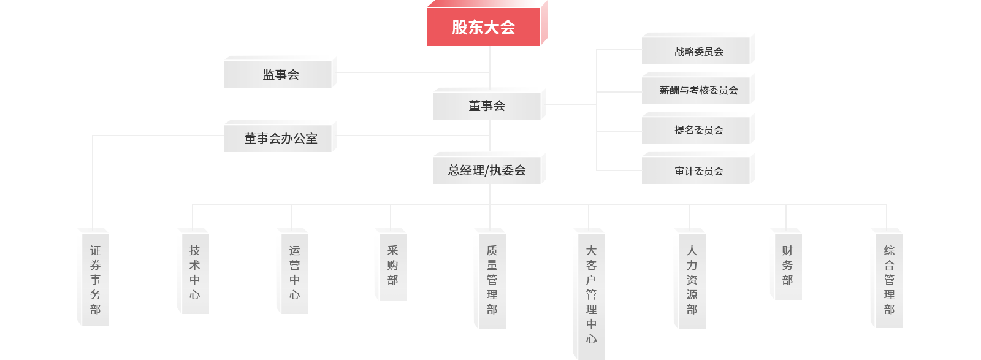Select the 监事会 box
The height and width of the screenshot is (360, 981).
(280, 74)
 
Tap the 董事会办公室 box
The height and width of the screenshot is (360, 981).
(280, 138)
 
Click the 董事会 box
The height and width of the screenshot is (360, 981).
(487, 106)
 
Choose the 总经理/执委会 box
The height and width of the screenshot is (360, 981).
(487, 170)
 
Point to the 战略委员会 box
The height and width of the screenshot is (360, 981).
(698, 52)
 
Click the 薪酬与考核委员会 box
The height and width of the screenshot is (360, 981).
(698, 90)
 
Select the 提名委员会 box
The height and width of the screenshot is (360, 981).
(698, 130)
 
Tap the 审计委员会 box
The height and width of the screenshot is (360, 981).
(698, 171)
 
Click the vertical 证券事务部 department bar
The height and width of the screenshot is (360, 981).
(95, 280)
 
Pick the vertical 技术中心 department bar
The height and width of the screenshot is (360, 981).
(194, 272)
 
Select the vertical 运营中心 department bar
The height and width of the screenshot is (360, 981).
(294, 272)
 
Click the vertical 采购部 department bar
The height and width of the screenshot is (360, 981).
(392, 266)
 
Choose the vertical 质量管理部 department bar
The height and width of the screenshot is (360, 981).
(492, 280)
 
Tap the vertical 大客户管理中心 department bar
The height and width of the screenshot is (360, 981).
(591, 294)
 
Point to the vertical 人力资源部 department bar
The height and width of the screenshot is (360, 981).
(692, 280)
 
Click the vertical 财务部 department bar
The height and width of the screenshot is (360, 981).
(787, 266)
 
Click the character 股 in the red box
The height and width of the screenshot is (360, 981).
(460, 27)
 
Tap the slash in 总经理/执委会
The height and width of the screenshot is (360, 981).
(487, 170)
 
